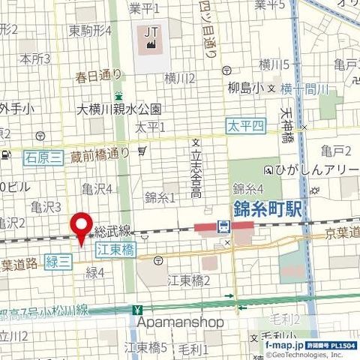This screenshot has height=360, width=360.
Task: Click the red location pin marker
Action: [81, 227]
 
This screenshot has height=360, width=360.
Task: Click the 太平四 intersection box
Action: [247, 126]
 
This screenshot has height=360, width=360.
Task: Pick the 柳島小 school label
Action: [244, 88]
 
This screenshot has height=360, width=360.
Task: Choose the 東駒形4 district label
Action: [90, 31]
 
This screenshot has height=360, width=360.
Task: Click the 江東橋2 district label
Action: [189, 280]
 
